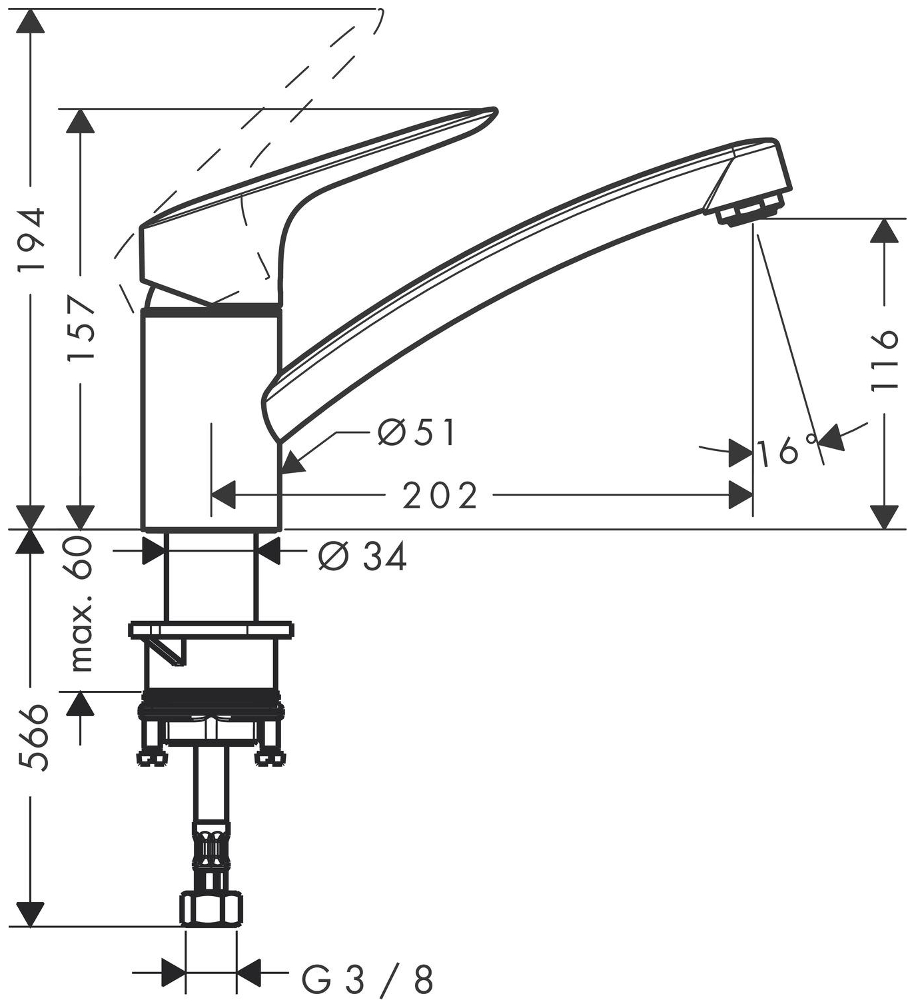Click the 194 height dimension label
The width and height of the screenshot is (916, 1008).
(x=31, y=238)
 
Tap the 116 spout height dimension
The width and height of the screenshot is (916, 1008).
(x=885, y=360)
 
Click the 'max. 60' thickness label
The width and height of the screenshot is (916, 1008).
(x=81, y=603)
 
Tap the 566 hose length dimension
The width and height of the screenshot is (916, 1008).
(x=32, y=737)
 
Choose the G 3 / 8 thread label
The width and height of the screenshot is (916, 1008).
(x=368, y=980)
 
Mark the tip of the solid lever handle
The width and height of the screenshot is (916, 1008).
(x=492, y=111)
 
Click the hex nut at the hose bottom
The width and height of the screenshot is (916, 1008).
(x=211, y=909)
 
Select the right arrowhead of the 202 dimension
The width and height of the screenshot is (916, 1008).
(x=741, y=495)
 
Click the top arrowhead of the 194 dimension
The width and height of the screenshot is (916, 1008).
(x=31, y=23)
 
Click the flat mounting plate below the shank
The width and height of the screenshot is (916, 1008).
(x=211, y=628)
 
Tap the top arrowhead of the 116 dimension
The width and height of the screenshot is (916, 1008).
(x=885, y=231)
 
